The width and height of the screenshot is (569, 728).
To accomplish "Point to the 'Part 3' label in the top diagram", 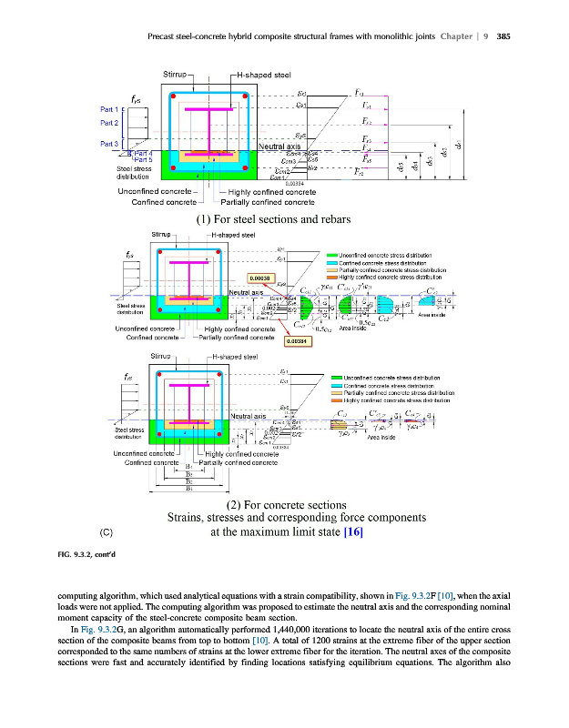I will pyautogui.click(x=109, y=144).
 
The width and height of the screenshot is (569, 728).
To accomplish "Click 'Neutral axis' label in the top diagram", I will pyautogui.click(x=279, y=147).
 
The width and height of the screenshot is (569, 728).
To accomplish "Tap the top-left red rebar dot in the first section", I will pyautogui.click(x=170, y=92).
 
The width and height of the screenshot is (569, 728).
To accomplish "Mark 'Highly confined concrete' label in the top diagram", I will pyautogui.click(x=272, y=192).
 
